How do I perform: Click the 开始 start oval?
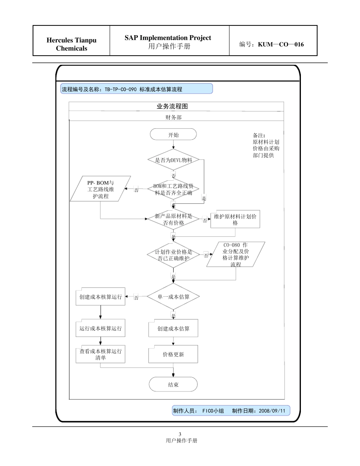(x=173, y=134)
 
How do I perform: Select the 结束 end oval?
(x=173, y=384)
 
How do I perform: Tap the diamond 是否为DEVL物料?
(x=174, y=160)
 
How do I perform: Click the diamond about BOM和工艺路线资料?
(x=173, y=189)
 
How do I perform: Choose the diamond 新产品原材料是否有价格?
(x=173, y=220)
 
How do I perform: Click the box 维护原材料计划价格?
(x=235, y=219)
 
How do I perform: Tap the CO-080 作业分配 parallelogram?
(x=236, y=255)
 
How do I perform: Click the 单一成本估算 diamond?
(x=173, y=297)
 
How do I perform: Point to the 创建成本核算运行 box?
(x=100, y=297)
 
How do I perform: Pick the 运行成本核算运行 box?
(x=100, y=328)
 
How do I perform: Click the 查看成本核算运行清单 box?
(x=100, y=354)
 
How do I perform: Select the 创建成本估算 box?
(x=173, y=328)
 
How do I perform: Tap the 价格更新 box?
(x=173, y=355)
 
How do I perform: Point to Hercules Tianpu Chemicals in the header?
(x=71, y=44)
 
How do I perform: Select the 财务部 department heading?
(x=173, y=117)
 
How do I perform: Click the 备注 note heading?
(x=259, y=135)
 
